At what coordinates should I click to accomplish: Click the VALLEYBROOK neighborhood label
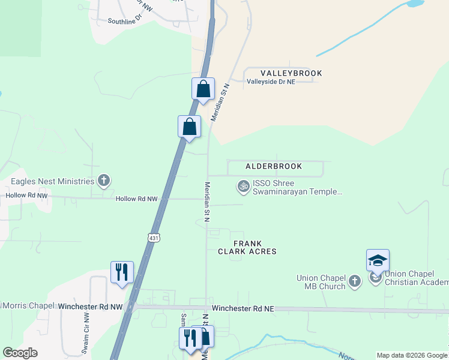point(291,73)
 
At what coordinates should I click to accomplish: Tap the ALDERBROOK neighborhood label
point(273,166)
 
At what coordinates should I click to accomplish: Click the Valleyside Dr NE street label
point(271,81)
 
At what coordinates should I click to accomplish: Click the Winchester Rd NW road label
point(91,306)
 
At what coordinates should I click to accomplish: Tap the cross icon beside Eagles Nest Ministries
point(104,181)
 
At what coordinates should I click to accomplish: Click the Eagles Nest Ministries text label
point(53,181)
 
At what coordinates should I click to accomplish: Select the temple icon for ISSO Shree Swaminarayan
point(243,187)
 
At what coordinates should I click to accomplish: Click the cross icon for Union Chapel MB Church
point(355,281)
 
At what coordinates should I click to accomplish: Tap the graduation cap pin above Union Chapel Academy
point(378,261)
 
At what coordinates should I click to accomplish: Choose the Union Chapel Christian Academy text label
point(416,278)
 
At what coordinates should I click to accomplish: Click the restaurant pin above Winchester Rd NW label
point(122,272)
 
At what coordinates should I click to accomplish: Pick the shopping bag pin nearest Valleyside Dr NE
point(203,89)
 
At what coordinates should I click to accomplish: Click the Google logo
point(20,353)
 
